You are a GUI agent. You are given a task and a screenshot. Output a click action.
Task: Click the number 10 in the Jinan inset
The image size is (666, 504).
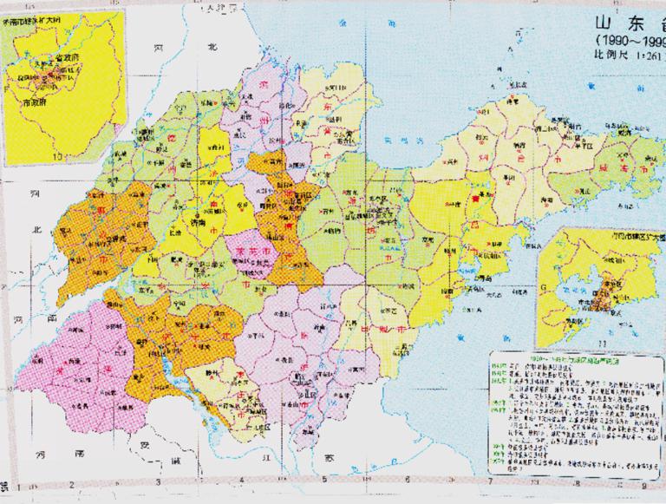pos(58,156)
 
